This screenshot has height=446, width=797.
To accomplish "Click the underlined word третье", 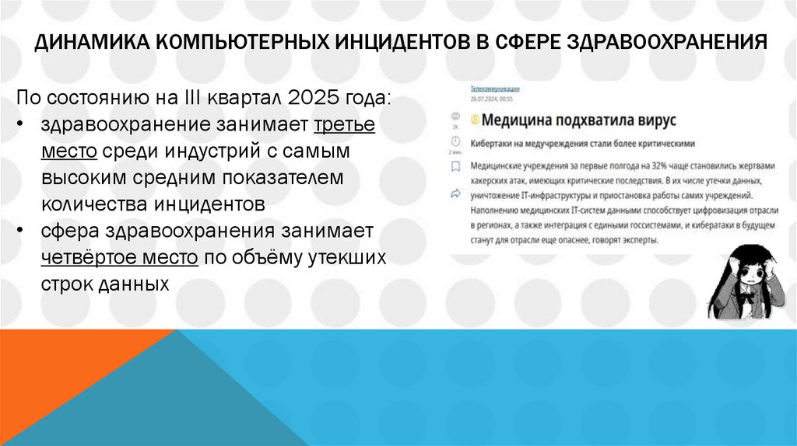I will click(344, 125).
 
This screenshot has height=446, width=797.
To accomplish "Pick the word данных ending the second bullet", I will click(134, 284).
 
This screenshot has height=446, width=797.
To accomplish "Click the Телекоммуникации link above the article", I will click(495, 89).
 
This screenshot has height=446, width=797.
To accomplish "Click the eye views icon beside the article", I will click(455, 116).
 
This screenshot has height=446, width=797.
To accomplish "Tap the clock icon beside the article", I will click(455, 141).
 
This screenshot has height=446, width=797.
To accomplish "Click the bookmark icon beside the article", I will click(455, 166).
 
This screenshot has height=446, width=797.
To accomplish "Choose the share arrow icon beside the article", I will click(455, 191).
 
